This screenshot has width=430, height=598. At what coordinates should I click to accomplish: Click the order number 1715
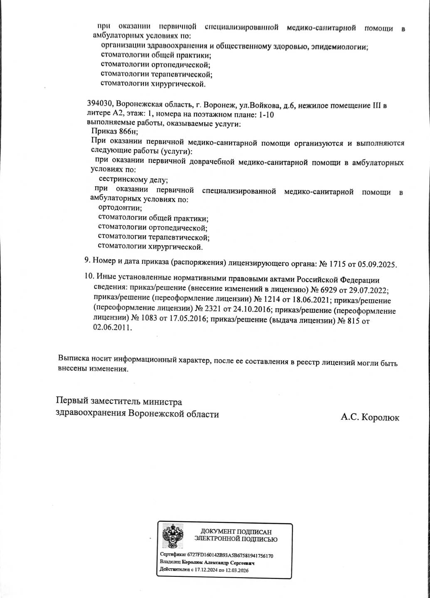(x=337, y=264)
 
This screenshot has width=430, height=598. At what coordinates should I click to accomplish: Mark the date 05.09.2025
(x=378, y=264)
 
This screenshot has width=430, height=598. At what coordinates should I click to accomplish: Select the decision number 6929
(x=329, y=290)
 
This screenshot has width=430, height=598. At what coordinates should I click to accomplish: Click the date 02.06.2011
(x=112, y=328)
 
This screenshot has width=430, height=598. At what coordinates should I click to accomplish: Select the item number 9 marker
(x=87, y=261)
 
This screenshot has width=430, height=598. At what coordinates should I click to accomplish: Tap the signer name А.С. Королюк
(x=370, y=417)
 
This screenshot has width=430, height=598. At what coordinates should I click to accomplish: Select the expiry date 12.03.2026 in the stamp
(x=237, y=570)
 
